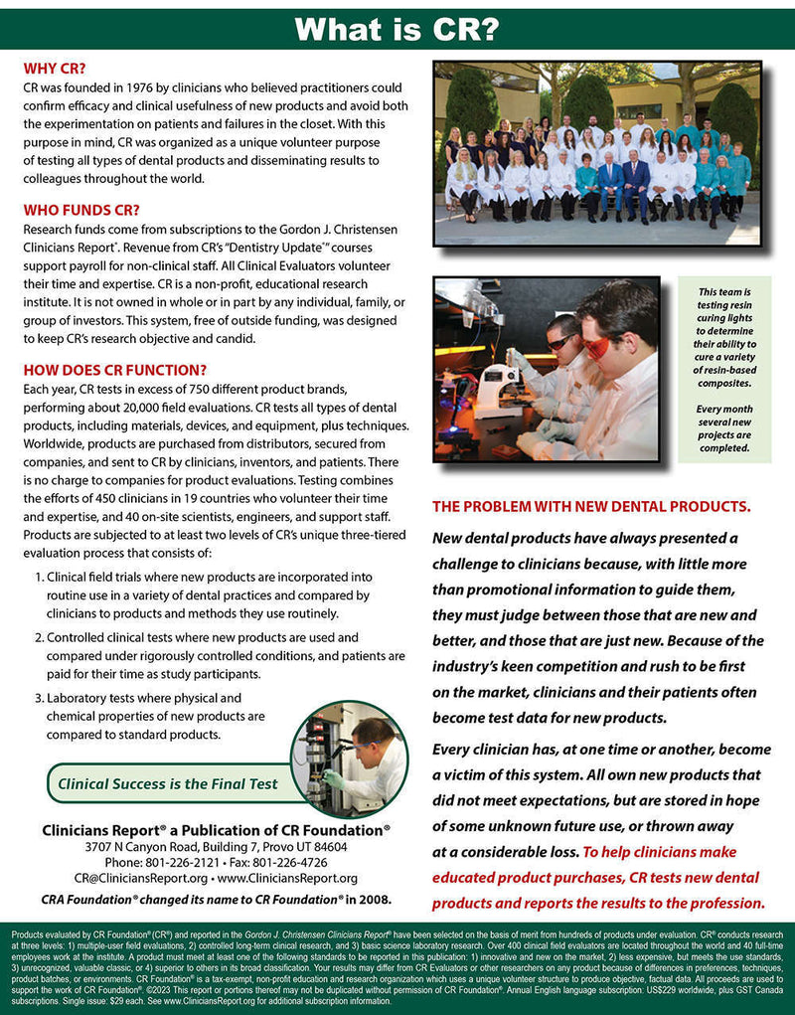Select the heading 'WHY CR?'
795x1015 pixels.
coord(54,70)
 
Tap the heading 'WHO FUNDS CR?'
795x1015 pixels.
coord(81,210)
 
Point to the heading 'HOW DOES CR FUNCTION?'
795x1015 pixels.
coord(114,368)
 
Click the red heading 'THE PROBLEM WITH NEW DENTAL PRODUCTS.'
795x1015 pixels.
coord(591,507)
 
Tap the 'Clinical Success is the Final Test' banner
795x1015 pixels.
coord(168,783)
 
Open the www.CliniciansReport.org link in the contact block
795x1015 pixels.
coord(287,878)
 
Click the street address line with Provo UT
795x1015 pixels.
coord(216,846)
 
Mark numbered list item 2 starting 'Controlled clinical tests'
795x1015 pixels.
coord(225,656)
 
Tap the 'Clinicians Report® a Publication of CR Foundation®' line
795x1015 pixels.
coord(216,829)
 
